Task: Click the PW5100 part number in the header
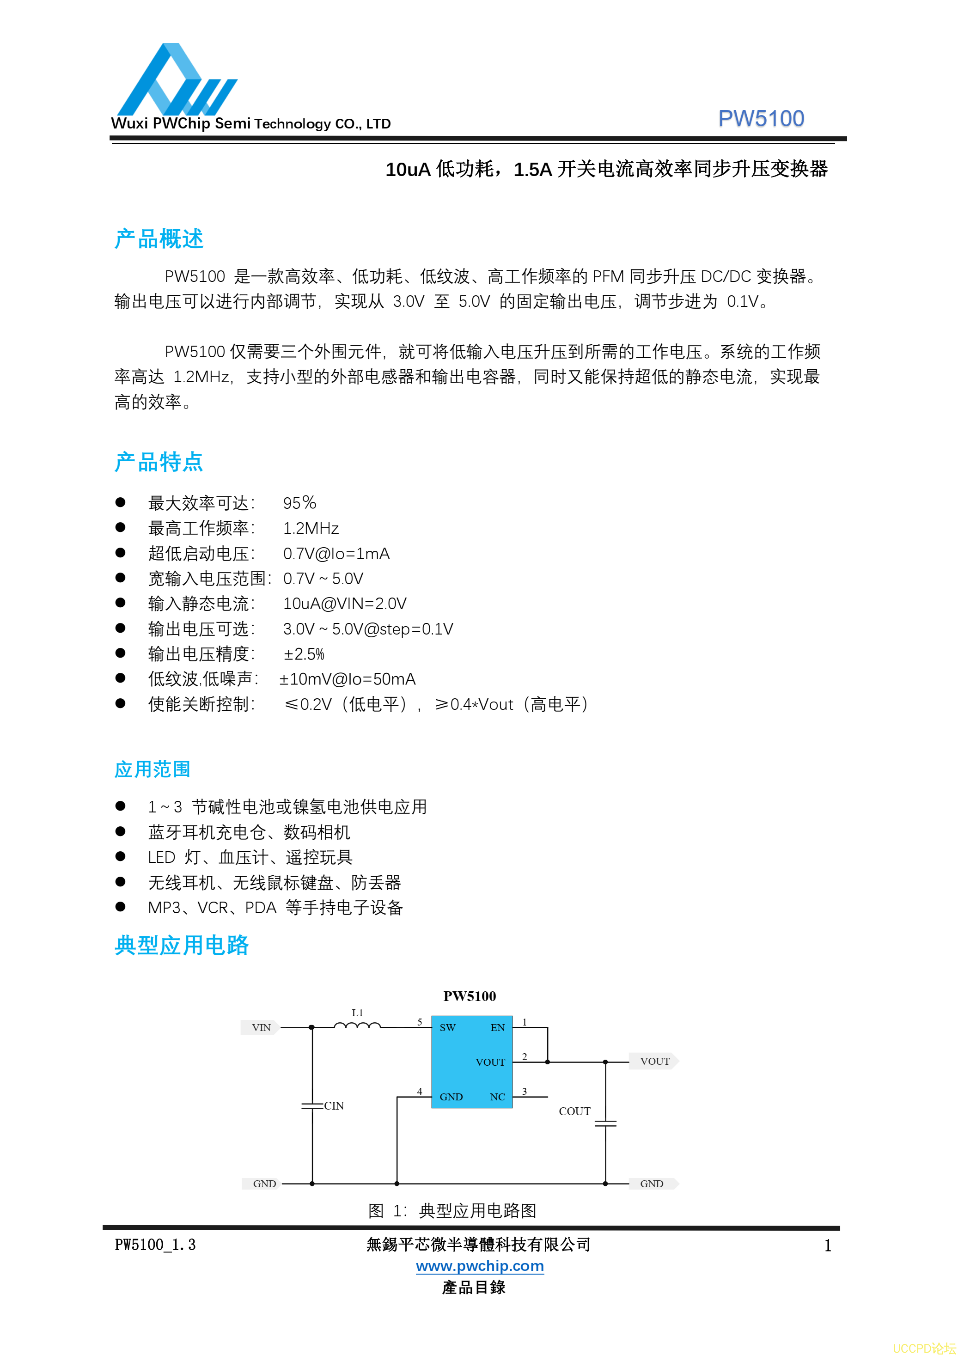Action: coord(760,119)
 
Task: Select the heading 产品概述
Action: coord(159,239)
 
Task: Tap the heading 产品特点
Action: coord(159,462)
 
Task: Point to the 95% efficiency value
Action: coord(299,503)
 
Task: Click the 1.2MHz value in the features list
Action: coord(311,528)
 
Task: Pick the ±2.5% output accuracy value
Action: coord(304,654)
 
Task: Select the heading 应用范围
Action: coord(153,769)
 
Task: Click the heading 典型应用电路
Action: coord(182,945)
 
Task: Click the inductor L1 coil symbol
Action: coord(357,1025)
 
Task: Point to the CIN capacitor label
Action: coord(334,1105)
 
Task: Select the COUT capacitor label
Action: coord(574,1111)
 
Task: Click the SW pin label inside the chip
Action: coord(447,1027)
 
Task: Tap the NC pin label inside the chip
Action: coord(497,1097)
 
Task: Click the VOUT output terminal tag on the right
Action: coord(654,1061)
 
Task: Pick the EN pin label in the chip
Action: coord(498,1027)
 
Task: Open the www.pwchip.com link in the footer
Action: coord(479,1265)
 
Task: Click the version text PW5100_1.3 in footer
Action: coord(155,1245)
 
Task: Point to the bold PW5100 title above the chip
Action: coord(469,996)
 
